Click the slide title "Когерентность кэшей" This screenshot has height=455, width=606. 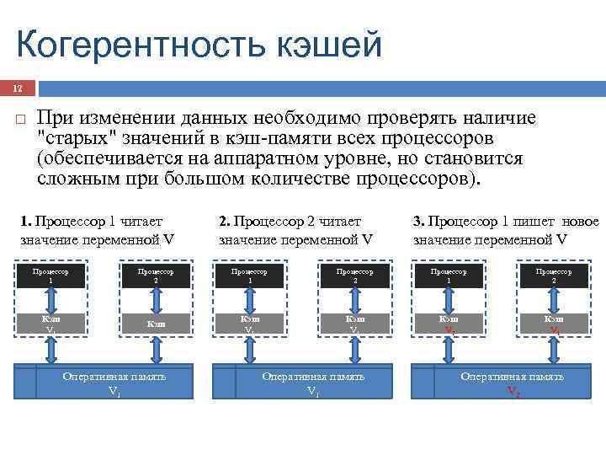[199, 45]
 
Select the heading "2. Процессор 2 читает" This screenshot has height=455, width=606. [290, 222]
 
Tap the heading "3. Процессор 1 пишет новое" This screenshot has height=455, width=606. [505, 222]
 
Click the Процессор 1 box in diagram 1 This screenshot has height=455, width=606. [50, 276]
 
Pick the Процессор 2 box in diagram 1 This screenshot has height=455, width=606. [156, 276]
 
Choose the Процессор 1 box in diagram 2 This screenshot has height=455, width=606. [249, 276]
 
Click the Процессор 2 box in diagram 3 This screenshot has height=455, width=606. [554, 276]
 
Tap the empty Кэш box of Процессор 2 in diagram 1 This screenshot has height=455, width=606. [156, 324]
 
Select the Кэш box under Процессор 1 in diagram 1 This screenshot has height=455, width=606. [50, 324]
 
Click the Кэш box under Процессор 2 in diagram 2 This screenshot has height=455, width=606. [354, 324]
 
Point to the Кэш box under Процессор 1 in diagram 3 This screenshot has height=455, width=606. [449, 324]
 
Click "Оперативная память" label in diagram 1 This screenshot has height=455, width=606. [114, 377]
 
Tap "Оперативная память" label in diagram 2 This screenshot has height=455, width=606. [313, 377]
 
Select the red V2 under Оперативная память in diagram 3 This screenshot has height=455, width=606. [513, 391]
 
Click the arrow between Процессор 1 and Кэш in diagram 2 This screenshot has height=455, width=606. [249, 300]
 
